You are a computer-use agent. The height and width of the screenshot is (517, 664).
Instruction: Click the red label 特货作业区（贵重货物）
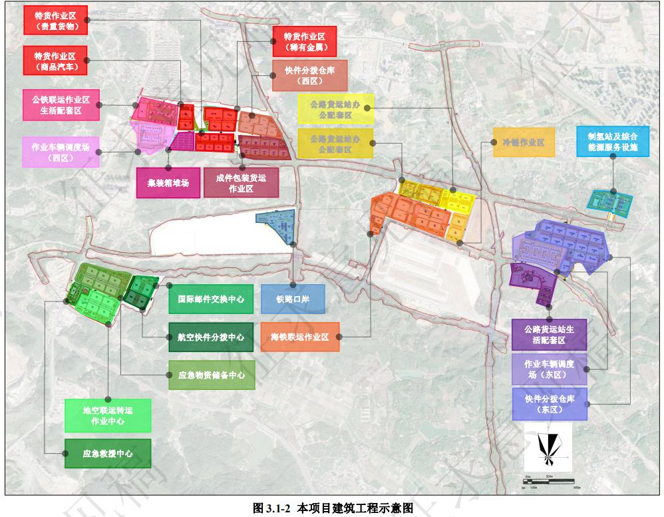pos(56,20)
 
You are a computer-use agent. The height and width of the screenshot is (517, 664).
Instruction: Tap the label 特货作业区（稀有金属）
pos(303,41)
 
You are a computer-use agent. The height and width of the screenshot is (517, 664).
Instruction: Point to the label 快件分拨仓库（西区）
pos(309,75)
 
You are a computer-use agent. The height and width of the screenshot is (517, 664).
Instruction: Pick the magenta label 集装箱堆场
pos(168,182)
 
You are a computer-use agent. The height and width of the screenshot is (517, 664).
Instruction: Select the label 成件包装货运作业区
pos(241,182)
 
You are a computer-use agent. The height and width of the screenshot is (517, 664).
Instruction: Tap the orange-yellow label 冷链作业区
pos(523,142)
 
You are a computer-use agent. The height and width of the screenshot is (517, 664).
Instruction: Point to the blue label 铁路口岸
pos(293,299)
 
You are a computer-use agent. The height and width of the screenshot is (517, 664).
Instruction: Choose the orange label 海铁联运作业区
pos(300,337)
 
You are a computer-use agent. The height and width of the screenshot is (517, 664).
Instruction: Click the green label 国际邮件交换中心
pos(210,299)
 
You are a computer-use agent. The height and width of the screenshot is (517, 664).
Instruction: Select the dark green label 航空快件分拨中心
pos(210,337)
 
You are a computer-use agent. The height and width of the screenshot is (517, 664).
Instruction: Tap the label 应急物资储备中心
pos(210,375)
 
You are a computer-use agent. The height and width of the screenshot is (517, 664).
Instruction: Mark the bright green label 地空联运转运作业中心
pos(108,415)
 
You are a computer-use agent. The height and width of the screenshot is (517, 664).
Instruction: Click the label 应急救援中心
pos(108,454)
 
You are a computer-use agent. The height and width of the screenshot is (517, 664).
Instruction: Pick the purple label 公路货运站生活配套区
pos(549,334)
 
